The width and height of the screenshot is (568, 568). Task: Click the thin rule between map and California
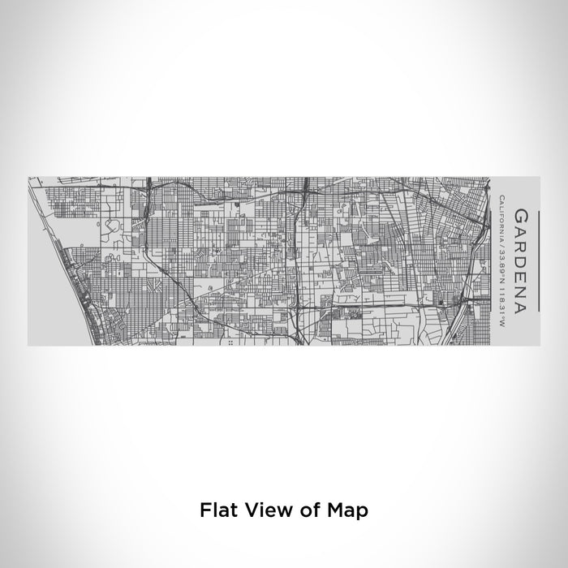coord(492,260)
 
